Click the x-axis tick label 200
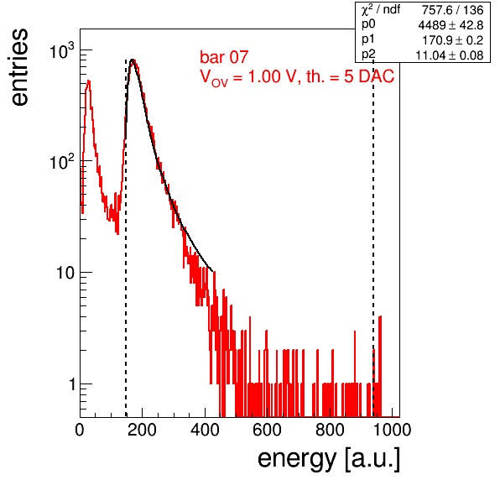coord(142,430)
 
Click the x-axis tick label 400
coord(205,430)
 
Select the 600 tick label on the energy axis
coord(268,430)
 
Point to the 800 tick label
coord(330,430)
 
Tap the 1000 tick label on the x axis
coord(392,430)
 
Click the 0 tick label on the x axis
coord(80,430)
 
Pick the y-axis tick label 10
coord(65,273)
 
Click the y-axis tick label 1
coord(72,384)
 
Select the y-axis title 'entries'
coord(20,67)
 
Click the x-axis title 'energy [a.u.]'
coord(329,458)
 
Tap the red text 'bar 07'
coord(224,57)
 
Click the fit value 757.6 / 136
coord(453,10)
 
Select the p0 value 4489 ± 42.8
coord(451,25)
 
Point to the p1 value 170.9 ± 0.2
coord(453,40)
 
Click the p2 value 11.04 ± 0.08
coord(450,55)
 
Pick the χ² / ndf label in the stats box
coord(381,9)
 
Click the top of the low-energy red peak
coord(89,81)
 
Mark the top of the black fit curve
coord(133,60)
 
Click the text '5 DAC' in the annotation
coord(369,76)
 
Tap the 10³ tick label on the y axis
coord(62,51)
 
